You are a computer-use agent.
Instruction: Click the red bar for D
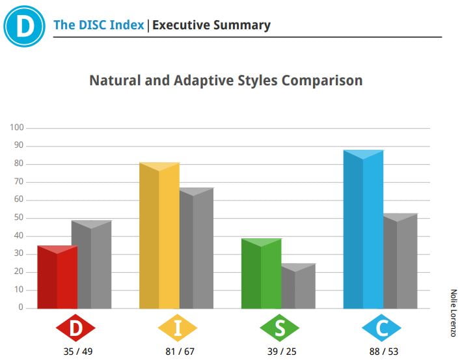tap(57, 277)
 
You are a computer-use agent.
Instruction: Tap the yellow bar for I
tap(159, 236)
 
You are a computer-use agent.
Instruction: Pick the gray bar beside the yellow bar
tap(197, 248)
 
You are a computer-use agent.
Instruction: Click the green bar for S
tap(262, 273)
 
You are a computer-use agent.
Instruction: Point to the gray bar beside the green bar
tap(299, 286)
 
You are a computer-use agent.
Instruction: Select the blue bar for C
tap(364, 229)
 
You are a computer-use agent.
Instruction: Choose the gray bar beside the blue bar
tap(400, 261)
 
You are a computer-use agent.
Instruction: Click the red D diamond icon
tap(75, 328)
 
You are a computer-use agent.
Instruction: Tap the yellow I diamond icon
tap(178, 328)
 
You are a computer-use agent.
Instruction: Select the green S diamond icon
tap(280, 328)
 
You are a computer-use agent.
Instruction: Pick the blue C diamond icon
tap(381, 328)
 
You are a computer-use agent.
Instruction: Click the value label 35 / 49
tap(78, 352)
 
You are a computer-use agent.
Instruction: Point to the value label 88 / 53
tap(384, 352)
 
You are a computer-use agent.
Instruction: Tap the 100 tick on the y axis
tap(17, 128)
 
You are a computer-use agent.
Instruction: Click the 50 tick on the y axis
tap(19, 217)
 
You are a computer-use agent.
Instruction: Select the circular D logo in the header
tap(24, 26)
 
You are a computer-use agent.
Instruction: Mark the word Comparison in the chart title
tap(322, 81)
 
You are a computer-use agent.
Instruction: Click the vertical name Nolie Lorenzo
tap(453, 313)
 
